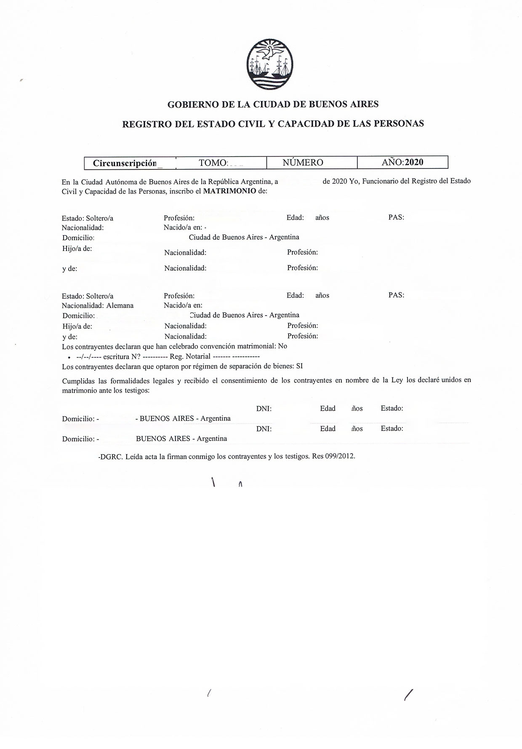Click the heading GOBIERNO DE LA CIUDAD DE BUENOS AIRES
click(273, 104)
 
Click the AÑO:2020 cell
click(402, 162)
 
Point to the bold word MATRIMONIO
click(229, 190)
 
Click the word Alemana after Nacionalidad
click(120, 305)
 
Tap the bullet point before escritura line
click(68, 357)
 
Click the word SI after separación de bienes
click(299, 366)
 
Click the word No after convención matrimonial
click(282, 346)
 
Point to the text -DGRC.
click(110, 456)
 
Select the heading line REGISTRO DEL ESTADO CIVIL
click(273, 124)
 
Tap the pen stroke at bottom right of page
click(407, 695)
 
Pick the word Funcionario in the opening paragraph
click(381, 181)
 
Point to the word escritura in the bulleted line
click(115, 356)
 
